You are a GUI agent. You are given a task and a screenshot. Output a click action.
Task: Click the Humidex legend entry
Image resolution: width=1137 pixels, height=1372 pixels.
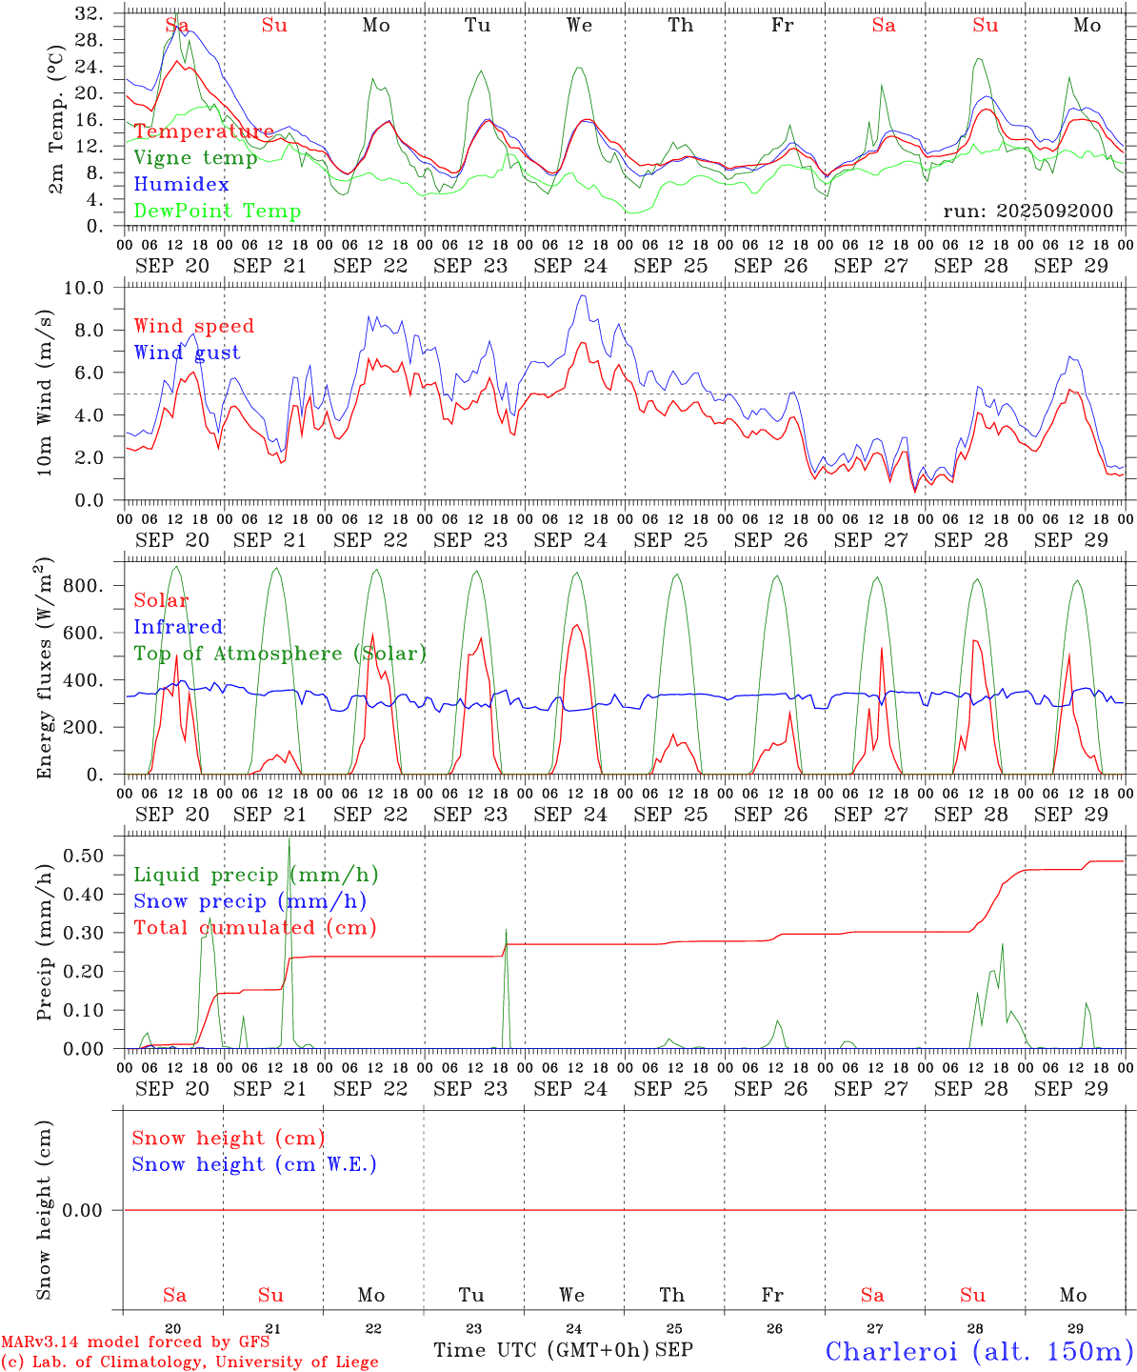[182, 185]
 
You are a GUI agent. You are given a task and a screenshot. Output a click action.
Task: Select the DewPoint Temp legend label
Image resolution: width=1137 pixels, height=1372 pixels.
[217, 212]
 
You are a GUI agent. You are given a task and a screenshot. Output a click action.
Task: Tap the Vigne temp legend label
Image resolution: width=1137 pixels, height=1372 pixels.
[195, 158]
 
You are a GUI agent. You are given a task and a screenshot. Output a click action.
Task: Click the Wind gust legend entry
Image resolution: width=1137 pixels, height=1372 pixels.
[187, 353]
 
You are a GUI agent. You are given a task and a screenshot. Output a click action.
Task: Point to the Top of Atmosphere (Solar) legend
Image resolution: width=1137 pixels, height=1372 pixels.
[280, 654]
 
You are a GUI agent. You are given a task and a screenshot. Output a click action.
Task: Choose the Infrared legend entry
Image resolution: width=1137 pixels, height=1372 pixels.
[178, 627]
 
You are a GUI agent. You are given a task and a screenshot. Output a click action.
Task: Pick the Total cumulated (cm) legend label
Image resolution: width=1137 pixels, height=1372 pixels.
[255, 927]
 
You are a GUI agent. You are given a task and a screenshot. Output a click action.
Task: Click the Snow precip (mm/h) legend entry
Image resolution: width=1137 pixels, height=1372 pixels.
[249, 900]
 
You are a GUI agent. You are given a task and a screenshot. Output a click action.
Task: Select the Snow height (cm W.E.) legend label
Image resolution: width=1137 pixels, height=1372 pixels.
[254, 1164]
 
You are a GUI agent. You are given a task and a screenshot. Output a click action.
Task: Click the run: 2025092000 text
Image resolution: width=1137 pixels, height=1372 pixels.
[1027, 212]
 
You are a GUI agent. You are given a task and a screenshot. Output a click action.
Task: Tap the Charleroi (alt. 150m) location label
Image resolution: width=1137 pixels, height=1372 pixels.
[980, 1351]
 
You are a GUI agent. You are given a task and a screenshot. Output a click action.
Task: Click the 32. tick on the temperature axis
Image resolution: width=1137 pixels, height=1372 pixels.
[89, 13]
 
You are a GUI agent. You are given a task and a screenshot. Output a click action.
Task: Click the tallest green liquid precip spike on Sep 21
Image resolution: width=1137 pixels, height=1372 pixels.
[289, 840]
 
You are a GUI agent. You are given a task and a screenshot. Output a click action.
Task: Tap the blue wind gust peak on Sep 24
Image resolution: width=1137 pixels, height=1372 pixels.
[583, 295]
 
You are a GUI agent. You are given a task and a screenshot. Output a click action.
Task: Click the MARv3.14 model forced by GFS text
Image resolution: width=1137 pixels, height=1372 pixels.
[135, 1342]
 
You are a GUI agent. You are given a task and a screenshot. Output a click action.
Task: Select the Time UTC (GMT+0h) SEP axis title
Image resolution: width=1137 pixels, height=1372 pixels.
[563, 1350]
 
